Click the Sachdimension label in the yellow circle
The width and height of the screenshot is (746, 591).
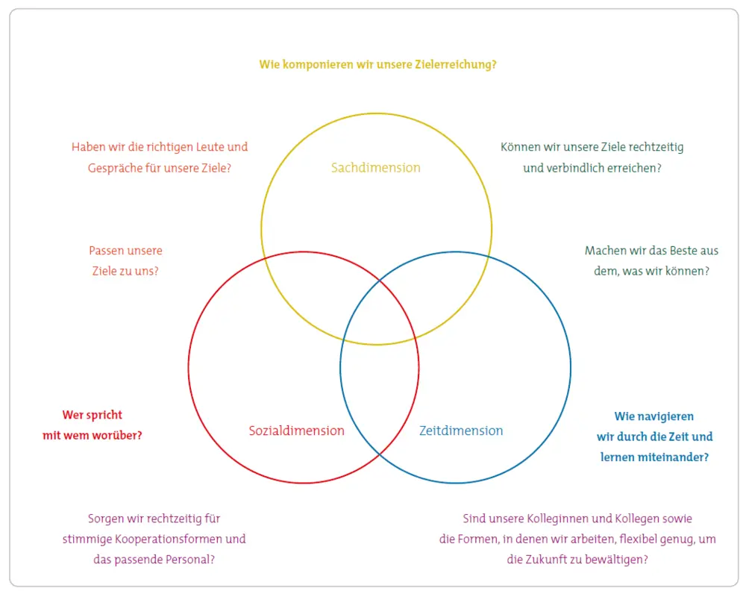[x=375, y=168]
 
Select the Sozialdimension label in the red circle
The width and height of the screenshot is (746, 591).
[x=296, y=431]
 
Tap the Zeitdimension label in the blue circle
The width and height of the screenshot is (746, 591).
[x=460, y=431]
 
